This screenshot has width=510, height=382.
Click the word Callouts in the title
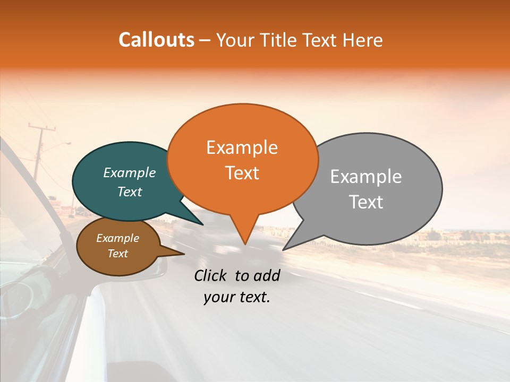click(156, 40)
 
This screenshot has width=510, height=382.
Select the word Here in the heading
click(363, 40)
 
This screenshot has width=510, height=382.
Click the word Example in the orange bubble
click(242, 147)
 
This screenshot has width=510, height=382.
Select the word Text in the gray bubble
click(366, 202)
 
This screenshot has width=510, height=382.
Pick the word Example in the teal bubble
click(130, 173)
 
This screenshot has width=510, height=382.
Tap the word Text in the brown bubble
click(118, 254)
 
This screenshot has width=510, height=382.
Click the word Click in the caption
click(211, 275)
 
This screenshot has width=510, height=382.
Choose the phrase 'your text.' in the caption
click(237, 297)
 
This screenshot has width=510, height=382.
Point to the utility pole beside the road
click(38, 154)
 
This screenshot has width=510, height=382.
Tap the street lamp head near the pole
click(67, 143)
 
